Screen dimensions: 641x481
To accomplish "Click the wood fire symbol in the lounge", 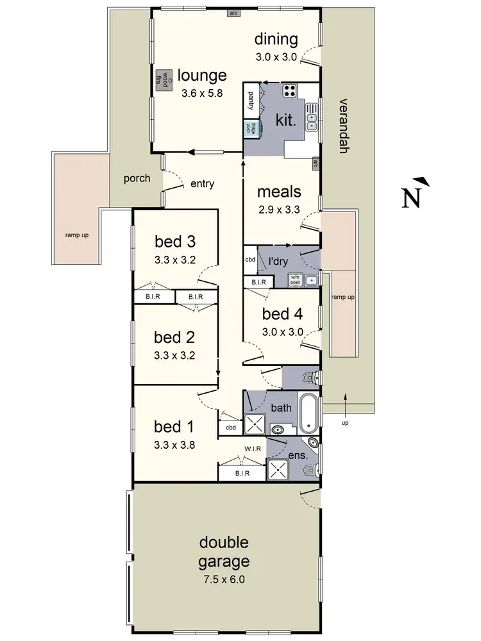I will tap(160, 78).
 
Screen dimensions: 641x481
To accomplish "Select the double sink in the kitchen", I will tap(312, 117).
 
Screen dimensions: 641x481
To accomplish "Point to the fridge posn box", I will tap(247, 128).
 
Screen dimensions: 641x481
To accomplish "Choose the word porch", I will tap(137, 178).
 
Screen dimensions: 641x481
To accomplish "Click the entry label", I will tap(202, 184).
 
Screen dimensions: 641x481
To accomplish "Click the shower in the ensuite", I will tap(278, 470).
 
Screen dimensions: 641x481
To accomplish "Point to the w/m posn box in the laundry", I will tap(295, 279).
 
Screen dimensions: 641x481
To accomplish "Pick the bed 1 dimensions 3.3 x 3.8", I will tap(175, 444).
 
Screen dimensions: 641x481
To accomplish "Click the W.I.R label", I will tap(252, 449).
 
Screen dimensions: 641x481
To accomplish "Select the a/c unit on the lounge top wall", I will tap(235, 12).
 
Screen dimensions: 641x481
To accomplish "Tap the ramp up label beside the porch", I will tap(76, 235).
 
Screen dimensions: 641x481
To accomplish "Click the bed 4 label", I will tap(282, 314).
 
